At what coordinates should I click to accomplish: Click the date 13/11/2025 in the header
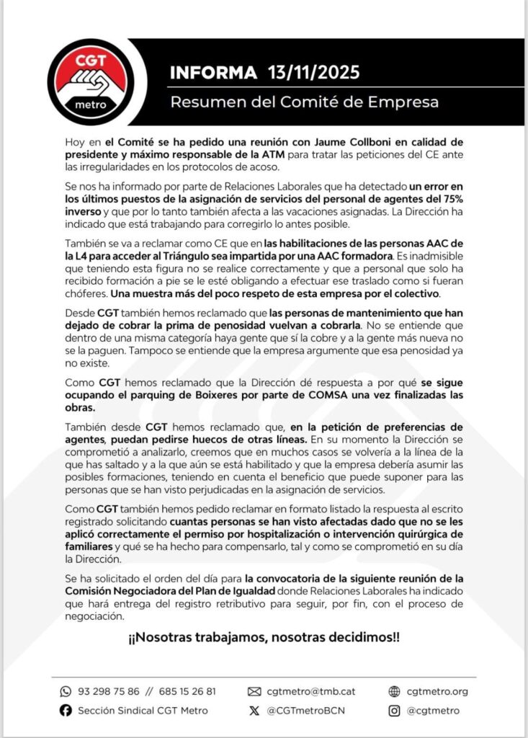(x=313, y=73)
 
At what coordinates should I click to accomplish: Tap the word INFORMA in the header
(x=213, y=73)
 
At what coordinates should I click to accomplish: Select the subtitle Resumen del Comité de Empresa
(x=304, y=102)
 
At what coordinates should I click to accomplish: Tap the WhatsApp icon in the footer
(x=66, y=691)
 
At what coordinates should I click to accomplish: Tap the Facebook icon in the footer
(x=66, y=711)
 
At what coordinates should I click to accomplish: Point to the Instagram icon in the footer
(x=393, y=711)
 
